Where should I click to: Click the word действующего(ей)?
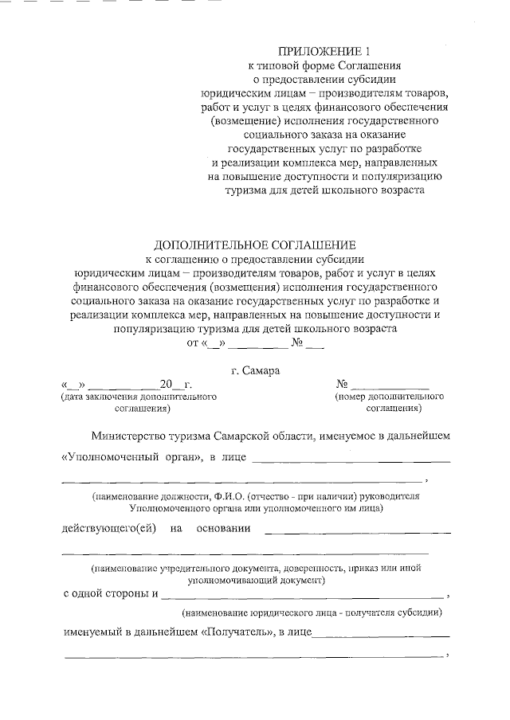pos(108,528)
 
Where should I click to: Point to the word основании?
pos(222,528)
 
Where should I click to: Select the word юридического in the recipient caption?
pos(283,613)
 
